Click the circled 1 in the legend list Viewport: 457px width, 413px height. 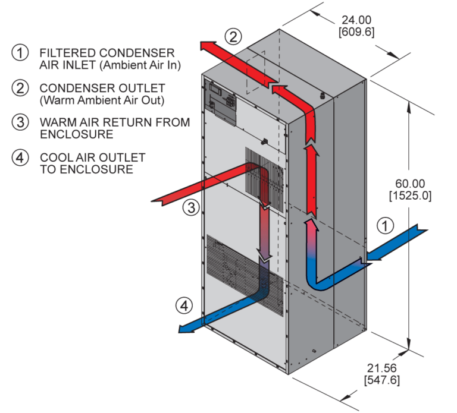[x=20, y=53]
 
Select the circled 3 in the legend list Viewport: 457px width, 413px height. [x=20, y=123]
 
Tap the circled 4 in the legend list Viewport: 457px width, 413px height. [x=20, y=158]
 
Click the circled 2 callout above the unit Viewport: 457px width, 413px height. [x=233, y=37]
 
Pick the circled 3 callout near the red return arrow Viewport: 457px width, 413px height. [x=189, y=207]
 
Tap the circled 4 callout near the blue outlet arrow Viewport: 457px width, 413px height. [x=184, y=306]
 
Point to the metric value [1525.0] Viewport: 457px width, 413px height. [x=409, y=195]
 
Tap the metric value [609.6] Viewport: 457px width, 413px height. [x=356, y=31]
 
